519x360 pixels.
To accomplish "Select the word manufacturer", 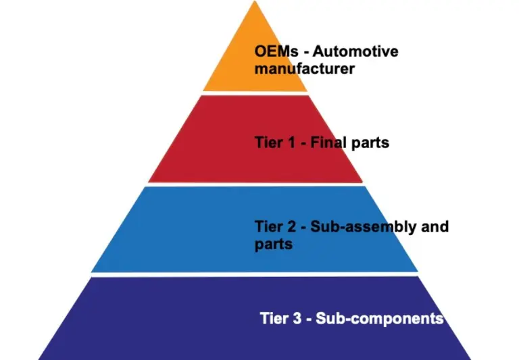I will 305,69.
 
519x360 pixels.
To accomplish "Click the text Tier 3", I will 279,317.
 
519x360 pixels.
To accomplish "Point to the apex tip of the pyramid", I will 255,3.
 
